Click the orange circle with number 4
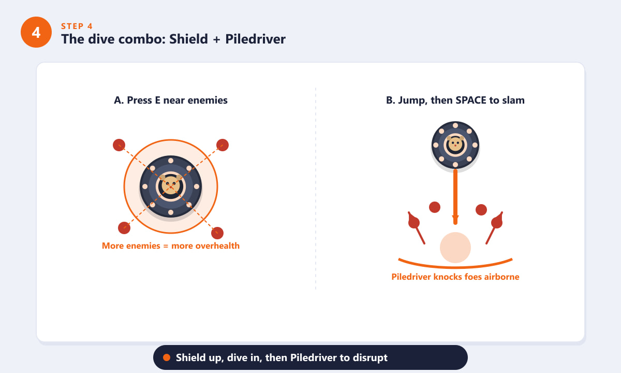(x=36, y=32)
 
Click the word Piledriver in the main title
(x=255, y=39)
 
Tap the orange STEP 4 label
(x=77, y=26)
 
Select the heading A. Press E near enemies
(x=170, y=100)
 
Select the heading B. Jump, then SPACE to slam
(x=455, y=100)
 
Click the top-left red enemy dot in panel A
(x=119, y=145)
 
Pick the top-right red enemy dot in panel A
(x=223, y=145)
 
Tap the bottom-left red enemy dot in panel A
(x=124, y=228)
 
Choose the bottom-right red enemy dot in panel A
(x=217, y=233)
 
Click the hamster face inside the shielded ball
(x=170, y=185)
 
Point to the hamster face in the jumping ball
(x=455, y=145)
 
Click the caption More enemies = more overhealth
(x=170, y=246)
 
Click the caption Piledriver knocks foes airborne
(x=455, y=277)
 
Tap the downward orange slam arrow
(x=455, y=197)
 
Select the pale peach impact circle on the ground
(x=455, y=248)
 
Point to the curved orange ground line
(x=455, y=267)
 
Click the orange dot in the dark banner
(x=167, y=357)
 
